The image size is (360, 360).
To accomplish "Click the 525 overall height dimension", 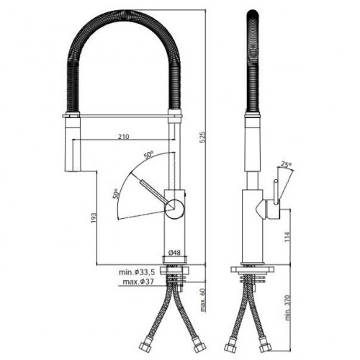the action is coord(203,137).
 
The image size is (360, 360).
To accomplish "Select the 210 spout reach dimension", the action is coord(124,137).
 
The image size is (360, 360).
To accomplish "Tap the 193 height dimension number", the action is coord(94,217).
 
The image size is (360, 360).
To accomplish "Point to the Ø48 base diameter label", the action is coord(174,252).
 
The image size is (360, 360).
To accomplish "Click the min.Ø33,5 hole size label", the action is coord(137,272).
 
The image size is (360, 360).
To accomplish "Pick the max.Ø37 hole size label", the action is coord(138,282).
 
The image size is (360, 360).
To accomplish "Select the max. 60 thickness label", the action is coord(203,300).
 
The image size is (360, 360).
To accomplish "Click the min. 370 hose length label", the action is coord(288,307).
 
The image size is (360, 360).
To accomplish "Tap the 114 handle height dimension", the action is coord(287,237).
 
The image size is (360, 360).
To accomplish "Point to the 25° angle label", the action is coord(286,165).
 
